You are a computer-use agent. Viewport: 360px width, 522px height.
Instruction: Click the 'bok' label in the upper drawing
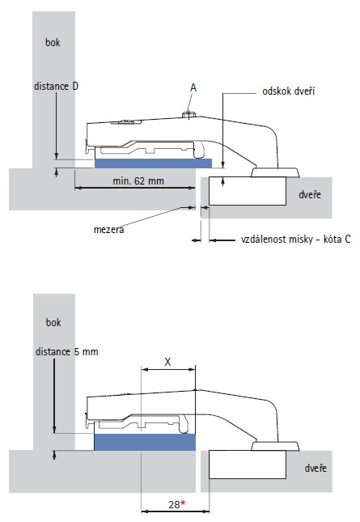pos(53,42)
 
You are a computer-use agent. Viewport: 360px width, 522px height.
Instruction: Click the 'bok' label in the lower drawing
pos(53,322)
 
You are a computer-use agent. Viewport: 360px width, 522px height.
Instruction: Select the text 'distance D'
pos(57,87)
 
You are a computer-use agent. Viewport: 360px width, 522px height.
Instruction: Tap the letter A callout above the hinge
pos(193,88)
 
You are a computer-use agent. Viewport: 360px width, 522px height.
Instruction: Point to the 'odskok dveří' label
pos(289,91)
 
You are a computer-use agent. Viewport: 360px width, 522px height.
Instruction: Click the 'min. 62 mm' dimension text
pos(138,181)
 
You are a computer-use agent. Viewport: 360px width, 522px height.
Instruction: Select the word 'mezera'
pos(108,230)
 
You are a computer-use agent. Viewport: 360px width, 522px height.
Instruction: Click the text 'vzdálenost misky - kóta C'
pos(296,240)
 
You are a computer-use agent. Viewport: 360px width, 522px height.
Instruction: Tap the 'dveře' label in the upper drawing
pos(310,194)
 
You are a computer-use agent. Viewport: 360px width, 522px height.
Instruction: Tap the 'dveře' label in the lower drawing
pos(316,469)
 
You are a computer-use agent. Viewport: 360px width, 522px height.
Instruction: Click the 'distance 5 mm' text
pos(67,352)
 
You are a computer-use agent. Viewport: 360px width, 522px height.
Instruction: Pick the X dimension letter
pos(167,362)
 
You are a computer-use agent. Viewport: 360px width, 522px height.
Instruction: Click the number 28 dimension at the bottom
pos(174,505)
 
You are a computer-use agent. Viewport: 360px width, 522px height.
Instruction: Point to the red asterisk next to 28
pos(183,503)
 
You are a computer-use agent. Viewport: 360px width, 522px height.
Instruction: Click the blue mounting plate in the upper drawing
pos(154,163)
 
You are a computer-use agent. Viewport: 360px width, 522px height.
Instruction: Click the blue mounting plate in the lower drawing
pos(145,442)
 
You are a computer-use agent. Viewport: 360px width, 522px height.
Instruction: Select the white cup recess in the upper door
pos(248,191)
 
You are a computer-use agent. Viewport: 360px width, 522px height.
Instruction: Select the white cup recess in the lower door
pos(248,465)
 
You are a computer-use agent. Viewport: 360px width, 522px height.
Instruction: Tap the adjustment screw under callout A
pos(188,115)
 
